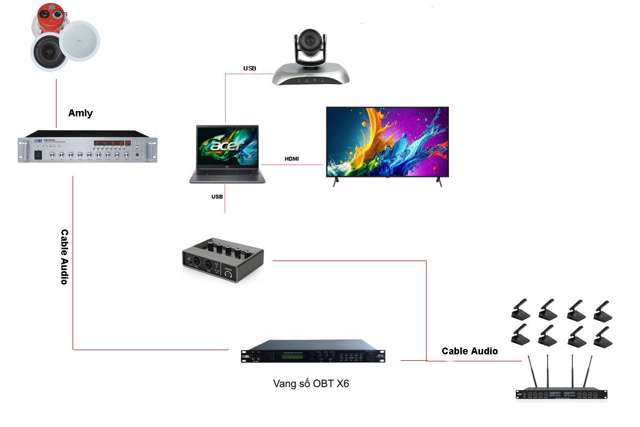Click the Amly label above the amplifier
(x=80, y=113)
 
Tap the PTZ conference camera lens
(x=309, y=41)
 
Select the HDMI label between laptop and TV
(x=291, y=159)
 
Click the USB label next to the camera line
(x=250, y=68)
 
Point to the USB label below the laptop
(x=217, y=196)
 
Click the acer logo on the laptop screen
(x=227, y=145)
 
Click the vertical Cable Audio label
(x=65, y=257)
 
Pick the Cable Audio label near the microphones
(x=469, y=351)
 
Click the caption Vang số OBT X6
(x=311, y=383)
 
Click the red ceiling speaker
(x=50, y=19)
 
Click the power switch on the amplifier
(x=38, y=155)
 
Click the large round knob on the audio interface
(x=229, y=274)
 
